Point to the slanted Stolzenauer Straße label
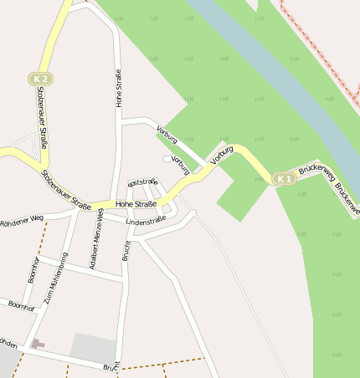point(66,190)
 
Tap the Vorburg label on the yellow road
point(221,154)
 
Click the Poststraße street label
point(142,181)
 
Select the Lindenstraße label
point(146,221)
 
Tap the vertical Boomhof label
point(33,268)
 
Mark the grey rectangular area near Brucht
point(93,348)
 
